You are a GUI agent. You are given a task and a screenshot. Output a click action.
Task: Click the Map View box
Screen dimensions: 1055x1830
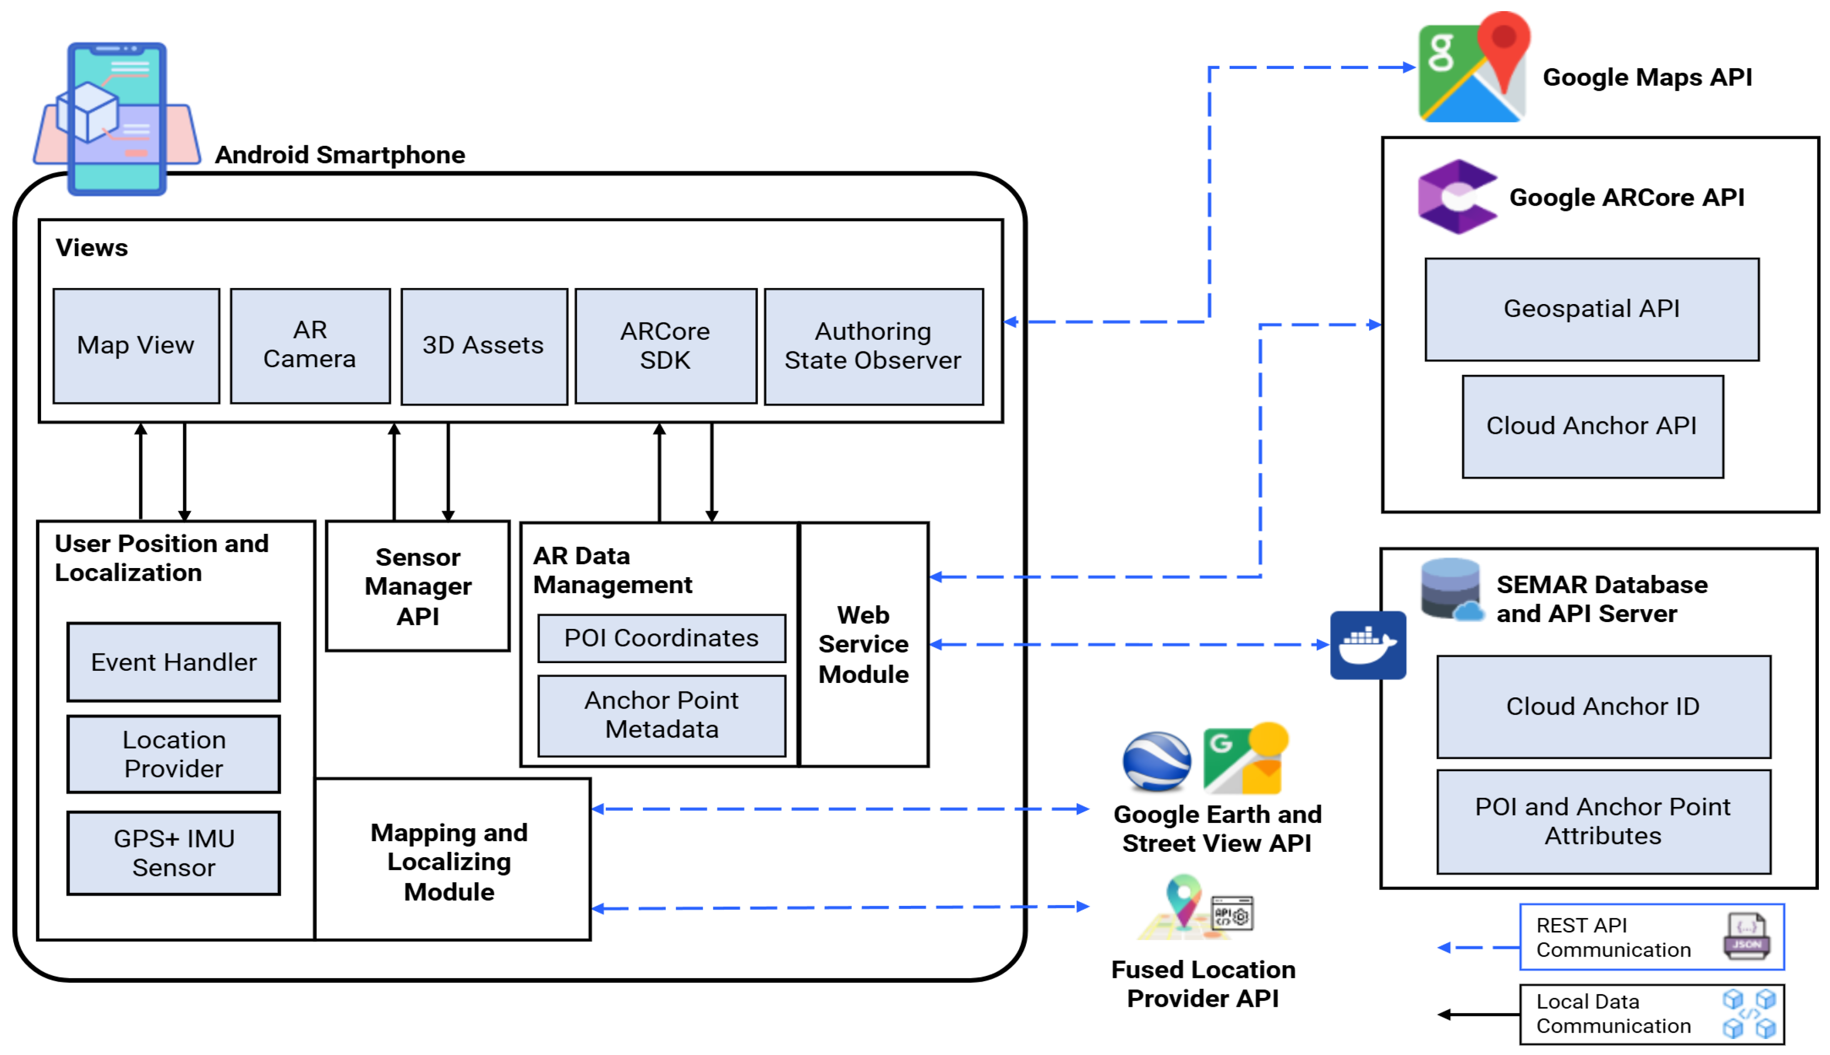click(136, 346)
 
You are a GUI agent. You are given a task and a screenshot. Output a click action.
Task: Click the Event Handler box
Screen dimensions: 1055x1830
click(173, 662)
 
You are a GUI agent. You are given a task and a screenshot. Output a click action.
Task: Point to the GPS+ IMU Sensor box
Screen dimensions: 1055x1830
click(173, 853)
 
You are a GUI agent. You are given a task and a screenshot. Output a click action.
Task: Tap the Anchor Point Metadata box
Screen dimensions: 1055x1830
click(661, 715)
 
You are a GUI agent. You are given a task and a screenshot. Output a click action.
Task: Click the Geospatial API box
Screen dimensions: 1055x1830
click(1591, 309)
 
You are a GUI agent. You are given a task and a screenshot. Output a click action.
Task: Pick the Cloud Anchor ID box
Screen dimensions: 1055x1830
click(1603, 707)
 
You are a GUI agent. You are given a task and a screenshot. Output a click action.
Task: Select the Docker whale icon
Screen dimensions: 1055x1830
click(1367, 645)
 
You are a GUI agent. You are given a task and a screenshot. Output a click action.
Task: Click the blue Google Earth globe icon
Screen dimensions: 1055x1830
click(1156, 761)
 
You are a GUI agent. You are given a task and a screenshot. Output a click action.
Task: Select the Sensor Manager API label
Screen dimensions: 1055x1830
click(418, 586)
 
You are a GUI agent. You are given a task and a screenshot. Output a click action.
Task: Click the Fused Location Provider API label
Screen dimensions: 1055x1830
click(1203, 984)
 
